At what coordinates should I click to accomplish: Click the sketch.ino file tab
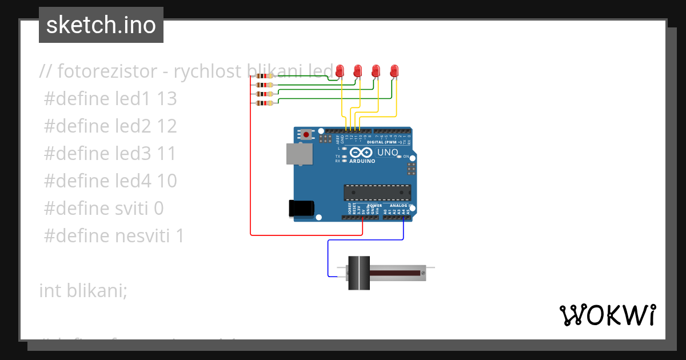point(101,25)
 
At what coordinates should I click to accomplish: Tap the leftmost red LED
point(340,71)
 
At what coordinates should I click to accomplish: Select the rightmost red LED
point(394,71)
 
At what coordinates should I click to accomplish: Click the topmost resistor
point(264,76)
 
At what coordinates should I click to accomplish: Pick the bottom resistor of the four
point(264,103)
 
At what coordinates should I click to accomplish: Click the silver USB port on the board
point(300,154)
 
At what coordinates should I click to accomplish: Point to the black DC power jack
point(301,209)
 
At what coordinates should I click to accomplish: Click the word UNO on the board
point(388,153)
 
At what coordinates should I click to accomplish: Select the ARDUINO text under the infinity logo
point(362,162)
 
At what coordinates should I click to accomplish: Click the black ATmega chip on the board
point(377,193)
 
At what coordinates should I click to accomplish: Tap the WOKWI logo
point(607,315)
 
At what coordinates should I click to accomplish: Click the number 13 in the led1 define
point(166,99)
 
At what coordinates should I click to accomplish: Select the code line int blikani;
point(83,291)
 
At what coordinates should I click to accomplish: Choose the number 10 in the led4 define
point(166,181)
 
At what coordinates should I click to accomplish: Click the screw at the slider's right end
point(423,274)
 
